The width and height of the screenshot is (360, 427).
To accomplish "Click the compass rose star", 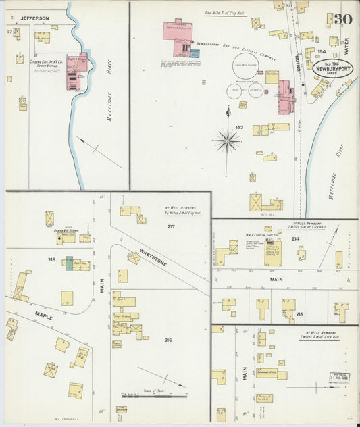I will [x=227, y=141].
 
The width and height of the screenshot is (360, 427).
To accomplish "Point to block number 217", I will [x=171, y=226].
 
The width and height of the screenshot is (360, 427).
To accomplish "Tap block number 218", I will [x=51, y=259].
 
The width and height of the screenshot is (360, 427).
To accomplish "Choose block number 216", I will [x=167, y=340].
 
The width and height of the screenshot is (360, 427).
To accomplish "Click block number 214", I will [x=295, y=239].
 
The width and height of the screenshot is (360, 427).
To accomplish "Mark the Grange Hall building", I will [x=266, y=373].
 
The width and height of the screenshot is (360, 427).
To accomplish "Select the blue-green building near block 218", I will [x=69, y=263].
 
